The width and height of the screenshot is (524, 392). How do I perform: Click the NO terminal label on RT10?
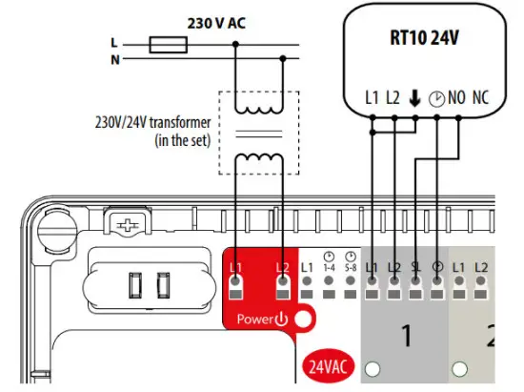click(457, 97)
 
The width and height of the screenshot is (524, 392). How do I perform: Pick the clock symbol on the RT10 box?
click(436, 97)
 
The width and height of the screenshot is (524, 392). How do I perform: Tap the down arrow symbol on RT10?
click(414, 97)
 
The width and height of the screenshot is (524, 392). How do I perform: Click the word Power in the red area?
click(256, 318)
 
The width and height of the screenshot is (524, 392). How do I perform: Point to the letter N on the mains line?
click(115, 59)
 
